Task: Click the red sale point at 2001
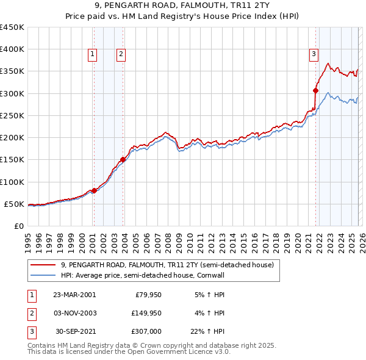tap(94, 190)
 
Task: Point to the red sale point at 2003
tap(123, 160)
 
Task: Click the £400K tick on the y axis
tap(12, 49)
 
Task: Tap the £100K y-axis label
tap(12, 182)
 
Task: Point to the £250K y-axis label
tap(12, 115)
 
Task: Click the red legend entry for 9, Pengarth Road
tap(170, 265)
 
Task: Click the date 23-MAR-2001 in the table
tap(74, 294)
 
